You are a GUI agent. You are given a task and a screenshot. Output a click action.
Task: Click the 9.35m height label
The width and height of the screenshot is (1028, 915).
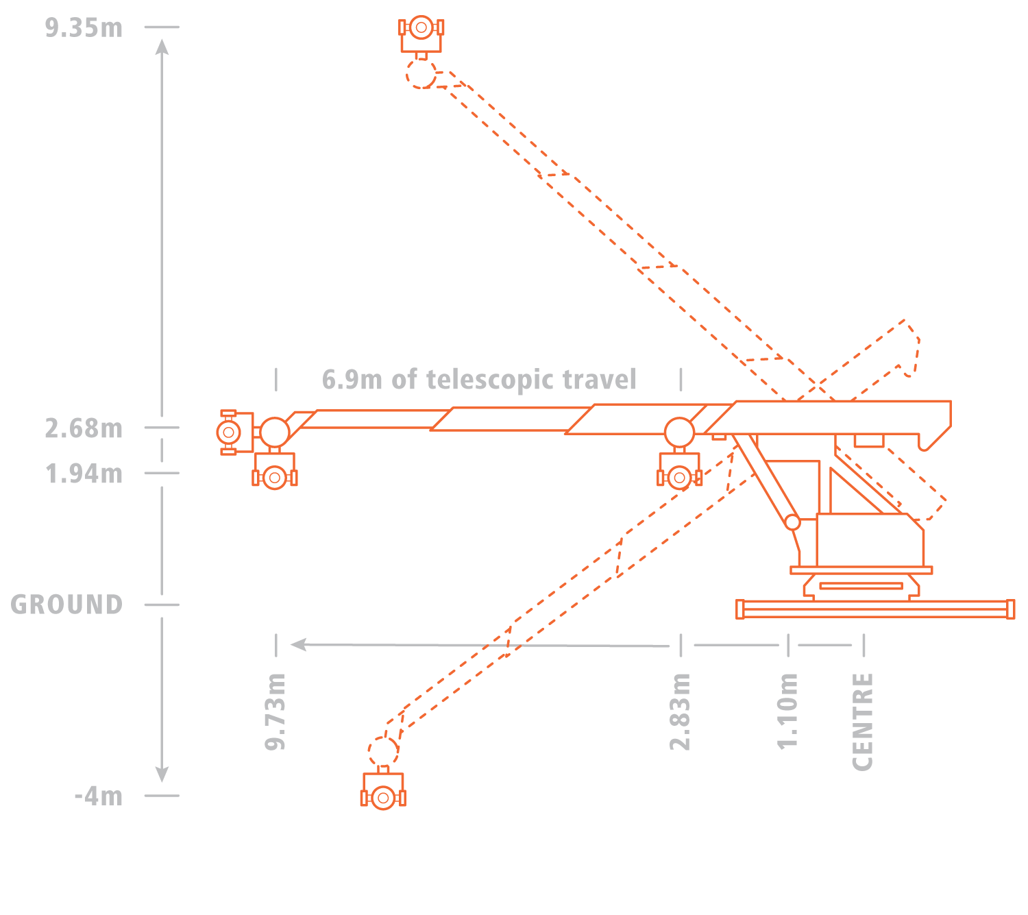(x=84, y=28)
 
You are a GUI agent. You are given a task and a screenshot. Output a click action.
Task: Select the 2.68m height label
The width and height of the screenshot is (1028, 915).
(x=84, y=429)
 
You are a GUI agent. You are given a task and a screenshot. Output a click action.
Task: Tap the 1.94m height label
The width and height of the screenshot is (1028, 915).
(x=84, y=474)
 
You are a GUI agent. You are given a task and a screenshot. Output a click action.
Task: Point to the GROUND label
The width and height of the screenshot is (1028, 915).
(x=66, y=605)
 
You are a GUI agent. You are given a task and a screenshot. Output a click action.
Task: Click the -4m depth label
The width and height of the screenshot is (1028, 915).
(x=99, y=796)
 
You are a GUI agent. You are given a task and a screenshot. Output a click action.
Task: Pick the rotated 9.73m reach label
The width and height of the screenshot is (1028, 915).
(x=276, y=712)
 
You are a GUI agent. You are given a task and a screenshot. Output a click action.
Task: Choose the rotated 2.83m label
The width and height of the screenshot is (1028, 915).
(x=681, y=712)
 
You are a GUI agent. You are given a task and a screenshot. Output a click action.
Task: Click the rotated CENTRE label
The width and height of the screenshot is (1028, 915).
(x=863, y=722)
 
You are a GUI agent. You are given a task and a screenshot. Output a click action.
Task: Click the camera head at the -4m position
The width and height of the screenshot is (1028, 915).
(x=383, y=791)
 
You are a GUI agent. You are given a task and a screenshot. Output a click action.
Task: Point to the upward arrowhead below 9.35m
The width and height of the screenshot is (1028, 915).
(x=162, y=47)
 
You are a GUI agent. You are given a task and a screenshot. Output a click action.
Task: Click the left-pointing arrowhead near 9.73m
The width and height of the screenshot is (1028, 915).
(x=298, y=645)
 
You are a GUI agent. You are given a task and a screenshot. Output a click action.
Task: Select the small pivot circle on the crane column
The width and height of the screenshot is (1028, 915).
(x=792, y=522)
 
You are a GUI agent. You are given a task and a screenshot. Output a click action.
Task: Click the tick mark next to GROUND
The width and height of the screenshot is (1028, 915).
(x=162, y=605)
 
